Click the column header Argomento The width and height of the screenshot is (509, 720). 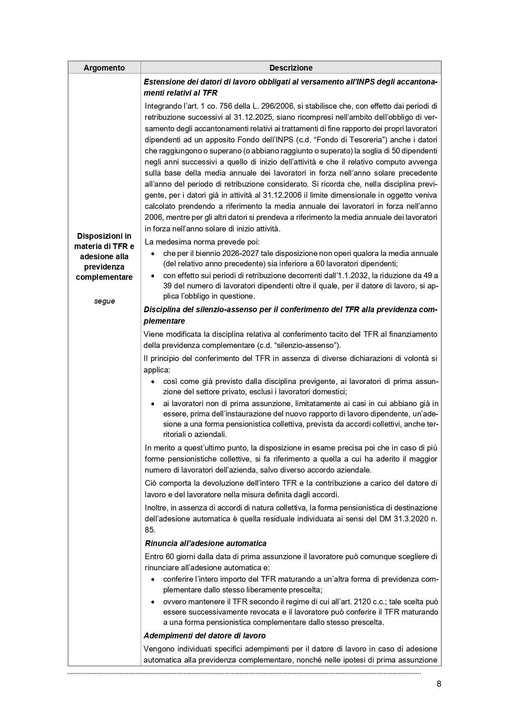point(104,68)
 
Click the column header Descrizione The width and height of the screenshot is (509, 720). point(291,68)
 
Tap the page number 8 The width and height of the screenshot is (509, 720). point(439,684)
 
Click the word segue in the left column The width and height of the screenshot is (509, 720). point(104,301)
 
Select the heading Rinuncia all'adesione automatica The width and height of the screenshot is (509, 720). point(205,544)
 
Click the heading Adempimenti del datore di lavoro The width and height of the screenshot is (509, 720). point(205,636)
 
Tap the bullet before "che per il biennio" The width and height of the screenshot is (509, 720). point(153,254)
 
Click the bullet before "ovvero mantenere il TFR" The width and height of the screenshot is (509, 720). point(153,602)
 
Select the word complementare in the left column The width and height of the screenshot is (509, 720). point(104,277)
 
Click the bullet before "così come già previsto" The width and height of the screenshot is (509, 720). point(153,382)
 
